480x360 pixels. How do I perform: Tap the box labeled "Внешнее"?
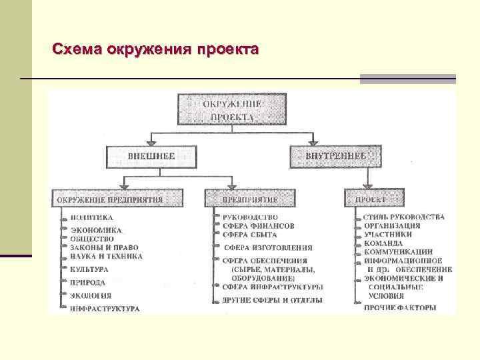(151, 156)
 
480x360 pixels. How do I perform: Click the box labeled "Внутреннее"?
(336, 156)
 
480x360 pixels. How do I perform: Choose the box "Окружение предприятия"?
(109, 199)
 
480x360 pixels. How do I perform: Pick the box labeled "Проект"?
(374, 199)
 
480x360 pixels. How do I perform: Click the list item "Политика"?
(92, 217)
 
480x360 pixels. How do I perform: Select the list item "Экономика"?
(96, 231)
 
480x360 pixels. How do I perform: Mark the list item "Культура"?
(89, 270)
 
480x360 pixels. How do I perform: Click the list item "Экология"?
(91, 295)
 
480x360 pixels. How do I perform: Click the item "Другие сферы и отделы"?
(272, 301)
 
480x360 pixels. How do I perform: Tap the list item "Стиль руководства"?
(404, 217)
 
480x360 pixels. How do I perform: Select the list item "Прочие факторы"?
(400, 307)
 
